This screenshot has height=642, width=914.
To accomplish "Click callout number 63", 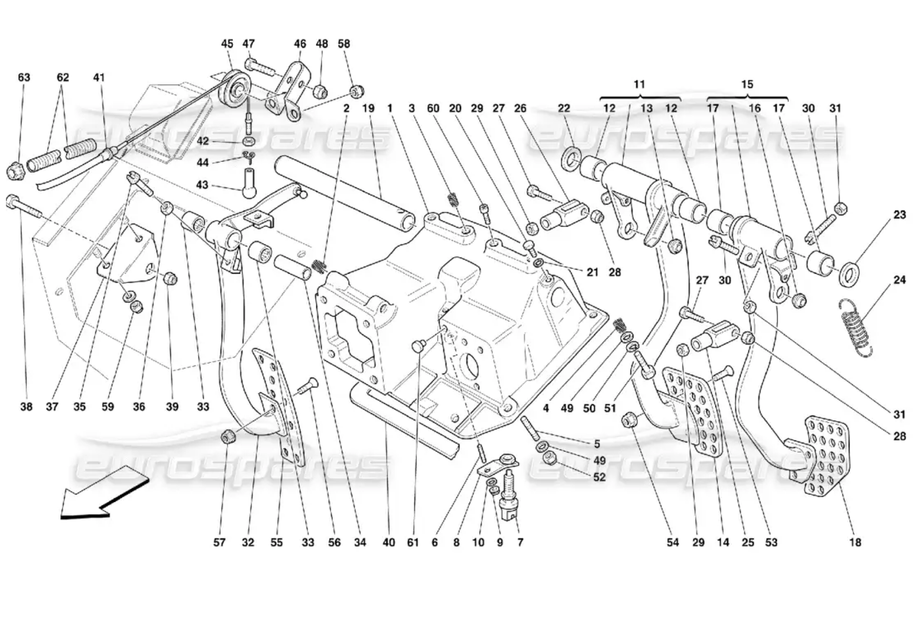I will click(24, 77).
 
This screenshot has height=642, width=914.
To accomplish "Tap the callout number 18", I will click(855, 542).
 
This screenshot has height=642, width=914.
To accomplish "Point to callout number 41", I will click(99, 77).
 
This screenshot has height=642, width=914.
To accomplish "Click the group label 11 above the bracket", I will click(639, 85).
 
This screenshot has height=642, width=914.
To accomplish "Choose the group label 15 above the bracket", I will click(747, 85).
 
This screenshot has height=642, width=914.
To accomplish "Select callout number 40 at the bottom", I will click(388, 542).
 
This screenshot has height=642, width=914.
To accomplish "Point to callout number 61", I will click(413, 542).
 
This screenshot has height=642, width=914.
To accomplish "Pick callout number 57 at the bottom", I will click(219, 542).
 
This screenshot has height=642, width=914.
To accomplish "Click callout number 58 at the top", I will click(343, 44).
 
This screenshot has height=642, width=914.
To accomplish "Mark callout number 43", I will click(202, 185).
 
